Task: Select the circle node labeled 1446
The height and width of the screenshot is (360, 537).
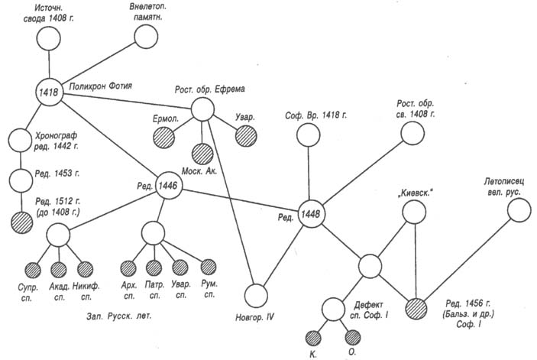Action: pyautogui.click(x=168, y=185)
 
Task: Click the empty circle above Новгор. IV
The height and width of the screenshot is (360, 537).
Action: pyautogui.click(x=257, y=294)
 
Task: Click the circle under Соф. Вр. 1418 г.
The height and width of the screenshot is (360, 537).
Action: pyautogui.click(x=308, y=135)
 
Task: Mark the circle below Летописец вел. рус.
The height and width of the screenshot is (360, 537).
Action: pyautogui.click(x=519, y=211)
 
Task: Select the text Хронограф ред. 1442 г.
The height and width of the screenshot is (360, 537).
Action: pyautogui.click(x=58, y=139)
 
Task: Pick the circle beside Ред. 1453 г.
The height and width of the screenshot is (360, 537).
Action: pyautogui.click(x=22, y=181)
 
